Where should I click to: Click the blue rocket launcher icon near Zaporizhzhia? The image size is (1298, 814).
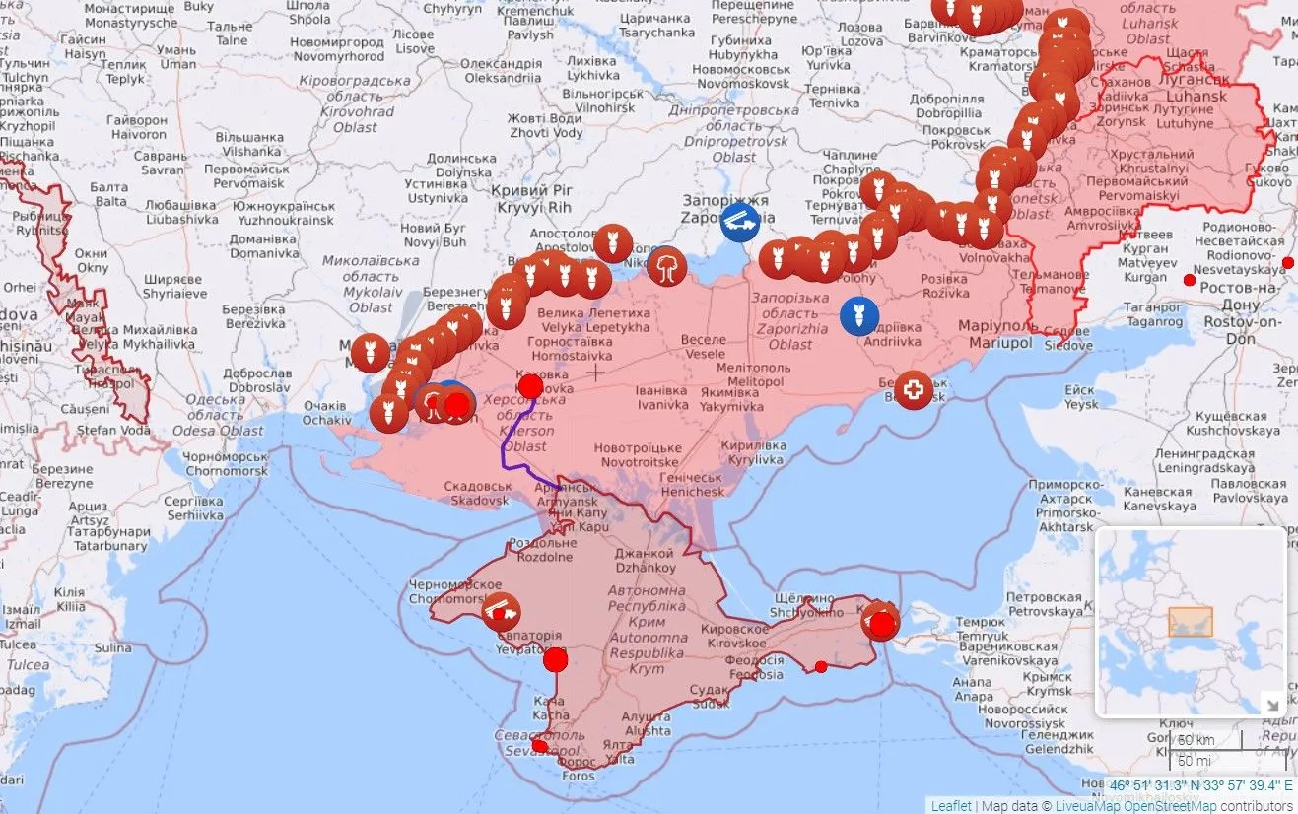click(x=740, y=221)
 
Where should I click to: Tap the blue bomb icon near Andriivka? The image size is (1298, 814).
click(x=859, y=315)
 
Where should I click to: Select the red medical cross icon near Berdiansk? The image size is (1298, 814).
click(x=914, y=390)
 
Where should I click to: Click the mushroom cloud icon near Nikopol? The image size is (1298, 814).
click(x=667, y=265)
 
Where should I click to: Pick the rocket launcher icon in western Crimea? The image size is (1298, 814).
click(x=501, y=612)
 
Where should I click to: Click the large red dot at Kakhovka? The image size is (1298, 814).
click(x=530, y=385)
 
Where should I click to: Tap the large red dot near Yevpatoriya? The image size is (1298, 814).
click(x=556, y=659)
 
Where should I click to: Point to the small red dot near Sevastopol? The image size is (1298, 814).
click(x=539, y=746)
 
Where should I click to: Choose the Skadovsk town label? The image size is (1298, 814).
click(x=477, y=494)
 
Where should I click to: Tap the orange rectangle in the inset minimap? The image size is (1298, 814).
click(x=1190, y=622)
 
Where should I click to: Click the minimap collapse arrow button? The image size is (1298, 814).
click(x=1271, y=704)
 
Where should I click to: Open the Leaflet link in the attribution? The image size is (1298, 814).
click(x=950, y=805)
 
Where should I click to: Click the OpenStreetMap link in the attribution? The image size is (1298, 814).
click(x=1174, y=805)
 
